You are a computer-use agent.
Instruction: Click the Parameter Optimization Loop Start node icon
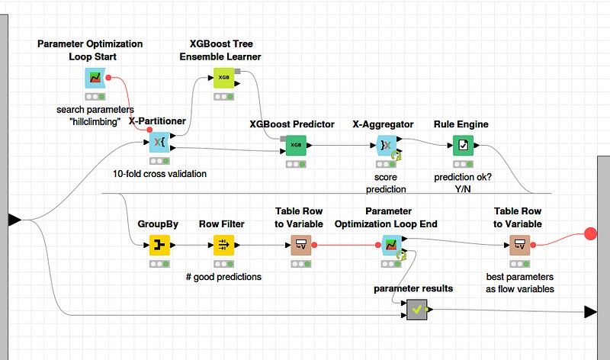pos(95,78)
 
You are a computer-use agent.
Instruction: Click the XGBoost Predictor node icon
pos(296,143)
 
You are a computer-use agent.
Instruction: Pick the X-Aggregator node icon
pos(386,143)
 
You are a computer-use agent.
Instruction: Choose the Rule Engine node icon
pos(462,143)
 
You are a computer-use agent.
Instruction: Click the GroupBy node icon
pos(158,245)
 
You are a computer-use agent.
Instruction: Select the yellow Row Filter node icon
pos(223,245)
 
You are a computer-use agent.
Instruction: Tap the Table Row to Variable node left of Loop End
pos(302,245)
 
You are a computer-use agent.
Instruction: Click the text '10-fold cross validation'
pos(159,173)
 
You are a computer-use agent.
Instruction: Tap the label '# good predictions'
pos(223,277)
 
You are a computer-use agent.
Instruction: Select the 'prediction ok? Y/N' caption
pos(461,183)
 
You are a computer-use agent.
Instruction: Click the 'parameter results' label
pos(413,288)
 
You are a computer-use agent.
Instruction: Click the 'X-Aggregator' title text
pos(383,124)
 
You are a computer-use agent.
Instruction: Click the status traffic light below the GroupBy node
pos(158,263)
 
